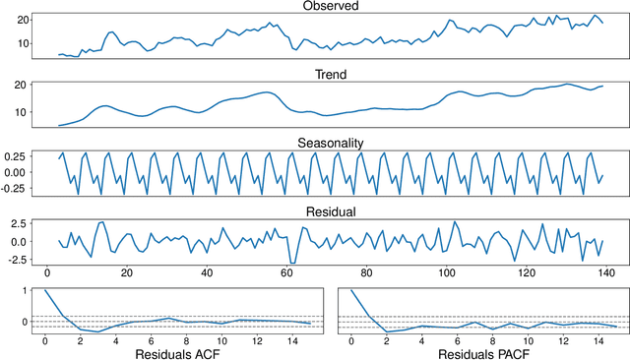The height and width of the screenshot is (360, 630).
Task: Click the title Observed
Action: coord(331,7)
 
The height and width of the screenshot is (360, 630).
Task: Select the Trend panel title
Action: coord(331,74)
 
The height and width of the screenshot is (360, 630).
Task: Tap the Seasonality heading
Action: coord(331,143)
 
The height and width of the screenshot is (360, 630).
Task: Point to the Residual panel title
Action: coord(331,210)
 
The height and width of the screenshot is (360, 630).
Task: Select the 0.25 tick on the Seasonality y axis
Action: coord(19,155)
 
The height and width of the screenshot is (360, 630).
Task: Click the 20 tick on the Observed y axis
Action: coord(22,18)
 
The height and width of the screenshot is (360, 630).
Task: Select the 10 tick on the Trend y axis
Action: coord(22,111)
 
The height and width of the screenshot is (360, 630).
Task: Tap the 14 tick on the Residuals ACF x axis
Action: coord(292,339)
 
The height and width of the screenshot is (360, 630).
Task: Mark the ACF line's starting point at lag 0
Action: coord(44,291)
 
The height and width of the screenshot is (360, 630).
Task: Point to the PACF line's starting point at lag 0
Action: coord(351,291)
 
